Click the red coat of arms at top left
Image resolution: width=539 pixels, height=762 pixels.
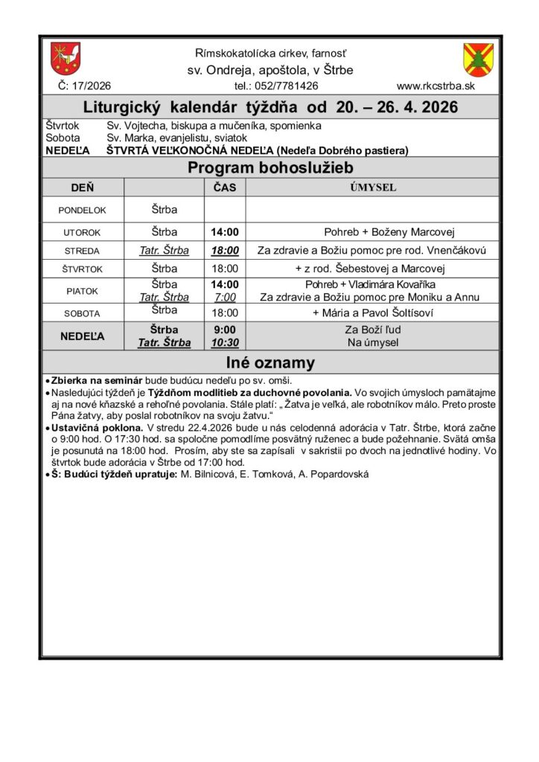pos(66,58)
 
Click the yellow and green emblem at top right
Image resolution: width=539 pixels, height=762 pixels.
pos(477,58)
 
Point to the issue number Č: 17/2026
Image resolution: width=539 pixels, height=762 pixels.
pos(84,86)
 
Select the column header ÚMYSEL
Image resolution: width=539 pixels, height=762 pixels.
pos(373,188)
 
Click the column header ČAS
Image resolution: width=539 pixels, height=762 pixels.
pos(224,188)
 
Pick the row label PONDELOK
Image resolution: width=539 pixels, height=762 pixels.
pos(82,210)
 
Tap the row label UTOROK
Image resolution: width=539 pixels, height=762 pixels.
pos(82,232)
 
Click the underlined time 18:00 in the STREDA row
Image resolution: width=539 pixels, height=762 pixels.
pos(224,251)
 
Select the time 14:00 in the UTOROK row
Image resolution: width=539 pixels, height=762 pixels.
pos(224,231)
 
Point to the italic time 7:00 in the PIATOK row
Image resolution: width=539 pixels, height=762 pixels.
pos(224,297)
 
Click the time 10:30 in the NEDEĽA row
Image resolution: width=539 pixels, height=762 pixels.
pos(224,343)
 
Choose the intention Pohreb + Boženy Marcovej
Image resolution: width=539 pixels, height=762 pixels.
pos(372,231)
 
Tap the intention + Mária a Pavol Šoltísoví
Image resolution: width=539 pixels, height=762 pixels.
pos(372,313)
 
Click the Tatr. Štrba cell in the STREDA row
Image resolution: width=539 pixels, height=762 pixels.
pos(164,251)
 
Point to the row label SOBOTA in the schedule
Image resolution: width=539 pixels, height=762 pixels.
pos(82,313)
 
